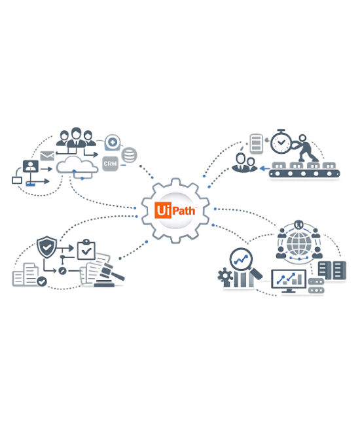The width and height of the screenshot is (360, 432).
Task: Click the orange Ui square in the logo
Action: (x=163, y=210)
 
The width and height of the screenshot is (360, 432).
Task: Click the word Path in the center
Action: (x=184, y=211)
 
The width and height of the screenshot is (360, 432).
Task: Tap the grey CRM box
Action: (x=110, y=164)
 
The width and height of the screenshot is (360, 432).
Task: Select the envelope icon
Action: (x=47, y=156)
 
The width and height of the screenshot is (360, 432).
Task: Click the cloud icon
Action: (x=77, y=166)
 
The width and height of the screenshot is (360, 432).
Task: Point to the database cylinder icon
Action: (x=129, y=155)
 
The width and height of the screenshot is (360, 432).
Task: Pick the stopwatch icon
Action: (x=281, y=141)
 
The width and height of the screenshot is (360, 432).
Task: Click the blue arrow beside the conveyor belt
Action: (x=264, y=168)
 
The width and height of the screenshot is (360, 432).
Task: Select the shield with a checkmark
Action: (x=47, y=247)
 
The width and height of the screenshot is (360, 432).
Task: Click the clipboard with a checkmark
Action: (x=86, y=249)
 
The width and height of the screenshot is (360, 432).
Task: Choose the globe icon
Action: (x=299, y=244)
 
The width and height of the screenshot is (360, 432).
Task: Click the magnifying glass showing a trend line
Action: (x=245, y=262)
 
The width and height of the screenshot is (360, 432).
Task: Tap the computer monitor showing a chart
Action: (x=289, y=281)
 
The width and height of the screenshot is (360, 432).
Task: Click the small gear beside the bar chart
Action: (x=225, y=276)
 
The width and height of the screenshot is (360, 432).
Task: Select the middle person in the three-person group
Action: (x=77, y=137)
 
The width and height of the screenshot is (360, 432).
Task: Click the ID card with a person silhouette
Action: (x=31, y=166)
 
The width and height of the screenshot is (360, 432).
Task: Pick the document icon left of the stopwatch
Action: (x=256, y=143)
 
